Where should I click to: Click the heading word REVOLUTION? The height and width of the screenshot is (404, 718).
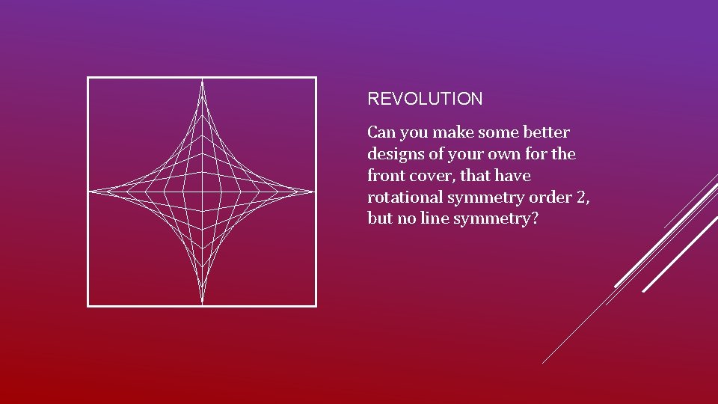[425, 99]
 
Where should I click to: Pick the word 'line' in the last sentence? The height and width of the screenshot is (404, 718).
[435, 219]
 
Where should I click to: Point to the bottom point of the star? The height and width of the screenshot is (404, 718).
[202, 302]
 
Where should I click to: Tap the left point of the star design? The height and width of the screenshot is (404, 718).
[92, 192]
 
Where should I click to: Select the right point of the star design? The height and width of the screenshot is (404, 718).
[312, 192]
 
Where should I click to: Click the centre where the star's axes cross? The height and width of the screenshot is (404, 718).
[202, 192]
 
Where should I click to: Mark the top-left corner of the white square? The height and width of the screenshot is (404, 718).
[88, 78]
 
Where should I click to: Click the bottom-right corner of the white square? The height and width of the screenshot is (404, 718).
[316, 305]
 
